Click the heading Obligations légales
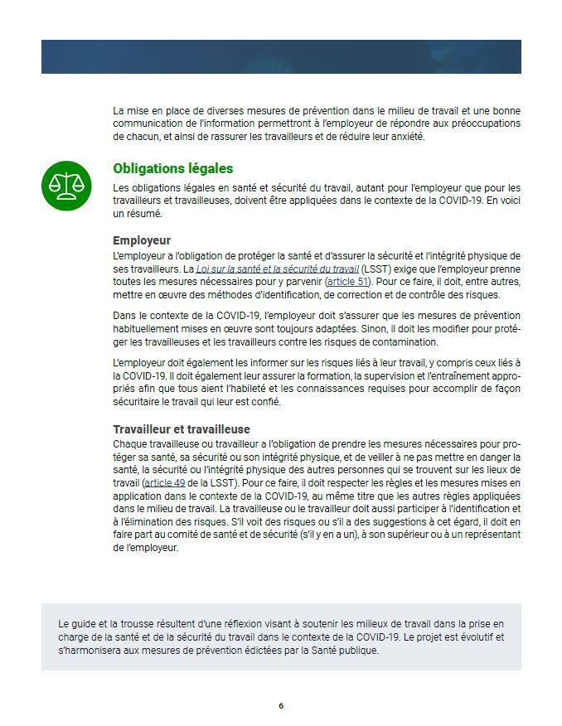(x=172, y=168)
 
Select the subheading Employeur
(x=142, y=240)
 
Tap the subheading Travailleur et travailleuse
(x=181, y=428)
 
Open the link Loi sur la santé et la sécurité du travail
(x=277, y=269)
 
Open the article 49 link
(x=164, y=482)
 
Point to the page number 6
(x=281, y=705)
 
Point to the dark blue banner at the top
(x=281, y=56)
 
